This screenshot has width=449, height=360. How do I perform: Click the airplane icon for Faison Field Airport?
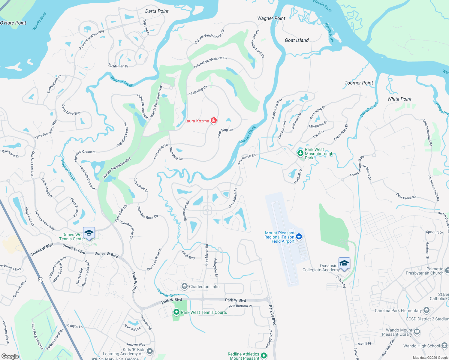[x=299, y=237]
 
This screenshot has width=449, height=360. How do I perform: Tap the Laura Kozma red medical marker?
[x=214, y=121]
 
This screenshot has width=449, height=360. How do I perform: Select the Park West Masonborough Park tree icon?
[x=300, y=153]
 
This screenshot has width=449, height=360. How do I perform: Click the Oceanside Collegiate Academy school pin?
[x=344, y=264]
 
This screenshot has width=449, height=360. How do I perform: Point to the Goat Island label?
[x=297, y=40]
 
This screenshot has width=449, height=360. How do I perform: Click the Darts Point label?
[x=157, y=11]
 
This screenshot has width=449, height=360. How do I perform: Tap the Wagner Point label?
[x=271, y=18]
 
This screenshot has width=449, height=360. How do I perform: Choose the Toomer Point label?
[x=359, y=83]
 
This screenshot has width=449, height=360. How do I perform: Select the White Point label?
[x=399, y=99]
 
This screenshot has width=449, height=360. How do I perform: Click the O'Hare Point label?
[x=13, y=23]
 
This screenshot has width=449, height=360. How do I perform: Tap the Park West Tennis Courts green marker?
[x=176, y=312]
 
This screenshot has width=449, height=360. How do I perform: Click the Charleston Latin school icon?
[x=185, y=286]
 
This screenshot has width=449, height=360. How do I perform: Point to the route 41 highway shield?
[x=41, y=280]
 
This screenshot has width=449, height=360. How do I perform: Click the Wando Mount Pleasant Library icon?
[x=417, y=332]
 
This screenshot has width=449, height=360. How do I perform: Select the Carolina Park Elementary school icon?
[x=426, y=310]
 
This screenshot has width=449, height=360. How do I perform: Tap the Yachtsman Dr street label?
[x=118, y=66]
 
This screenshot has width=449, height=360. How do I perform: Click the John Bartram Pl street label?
[x=240, y=306]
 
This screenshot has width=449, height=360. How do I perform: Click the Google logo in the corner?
[x=10, y=356]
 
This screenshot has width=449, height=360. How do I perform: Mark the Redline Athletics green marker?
[x=264, y=356]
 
